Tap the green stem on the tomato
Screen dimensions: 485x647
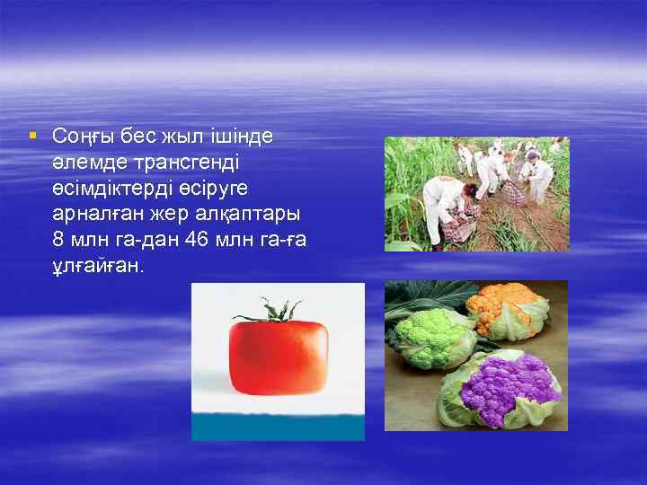pyautogui.click(x=269, y=311)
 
